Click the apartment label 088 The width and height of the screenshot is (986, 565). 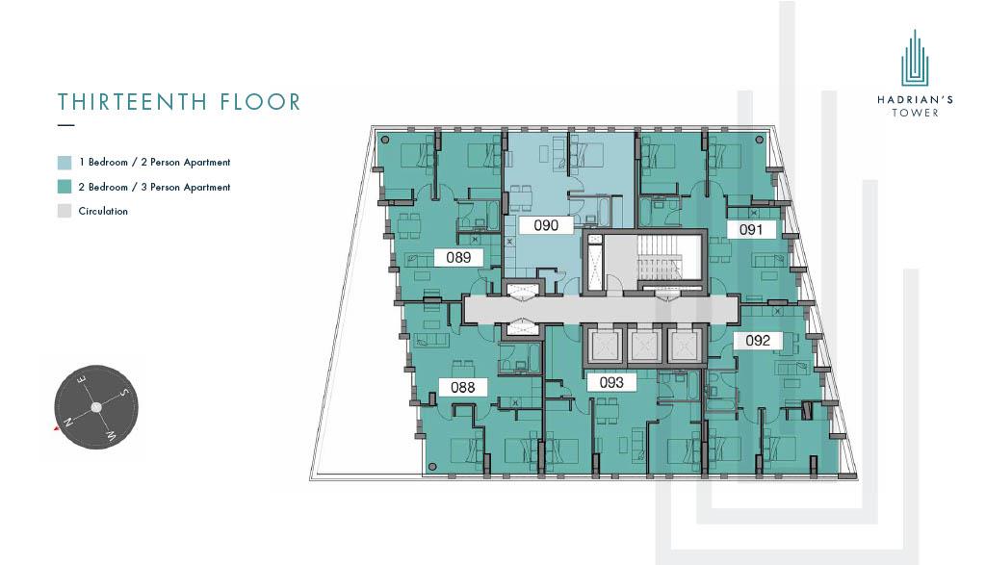coord(463,387)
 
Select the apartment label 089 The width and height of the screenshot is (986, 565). coord(458,257)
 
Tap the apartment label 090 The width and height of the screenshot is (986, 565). coord(546,225)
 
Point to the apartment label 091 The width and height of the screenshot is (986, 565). coord(751,229)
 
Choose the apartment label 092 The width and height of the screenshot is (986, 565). coord(758,340)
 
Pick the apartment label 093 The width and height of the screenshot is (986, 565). coord(611,382)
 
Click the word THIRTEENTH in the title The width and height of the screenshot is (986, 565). coord(133,102)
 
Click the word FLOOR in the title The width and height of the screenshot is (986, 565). coord(260,102)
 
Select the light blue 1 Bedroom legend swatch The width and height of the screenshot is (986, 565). coord(65,162)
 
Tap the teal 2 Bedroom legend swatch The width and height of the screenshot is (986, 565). coord(65,187)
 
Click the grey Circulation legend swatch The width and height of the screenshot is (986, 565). coord(65,211)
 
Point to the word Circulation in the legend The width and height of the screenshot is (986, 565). coord(103,211)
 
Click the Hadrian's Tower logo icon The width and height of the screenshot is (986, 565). coord(915,58)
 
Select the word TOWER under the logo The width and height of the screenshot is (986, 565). coord(915,113)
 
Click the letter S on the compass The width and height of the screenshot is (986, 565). coord(124,393)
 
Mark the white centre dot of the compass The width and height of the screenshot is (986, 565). coord(96,407)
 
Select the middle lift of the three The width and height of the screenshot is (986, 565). coord(644,346)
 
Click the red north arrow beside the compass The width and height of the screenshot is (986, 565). coord(57,428)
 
